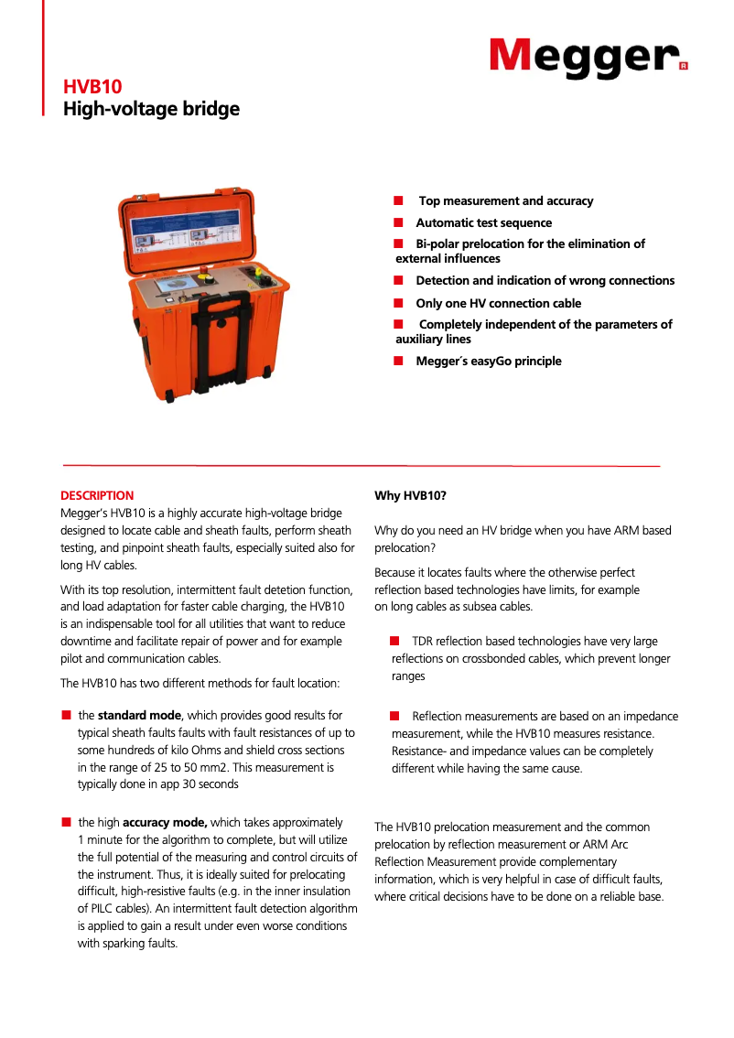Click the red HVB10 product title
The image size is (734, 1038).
(x=86, y=88)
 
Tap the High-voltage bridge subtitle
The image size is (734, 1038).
(x=151, y=110)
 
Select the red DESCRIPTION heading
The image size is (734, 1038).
(x=97, y=495)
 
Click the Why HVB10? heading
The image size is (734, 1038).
(x=410, y=495)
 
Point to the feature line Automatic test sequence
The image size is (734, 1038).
(x=483, y=222)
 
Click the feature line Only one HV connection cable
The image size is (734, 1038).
(x=498, y=303)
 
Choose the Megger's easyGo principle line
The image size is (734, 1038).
(x=489, y=361)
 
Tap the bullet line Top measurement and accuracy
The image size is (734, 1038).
(x=505, y=200)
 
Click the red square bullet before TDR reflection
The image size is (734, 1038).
(x=395, y=641)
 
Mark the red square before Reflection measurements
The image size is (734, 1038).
(x=395, y=715)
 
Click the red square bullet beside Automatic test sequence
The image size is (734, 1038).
(x=398, y=222)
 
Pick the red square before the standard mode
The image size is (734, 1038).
(x=66, y=715)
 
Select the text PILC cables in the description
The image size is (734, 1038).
(x=109, y=908)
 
